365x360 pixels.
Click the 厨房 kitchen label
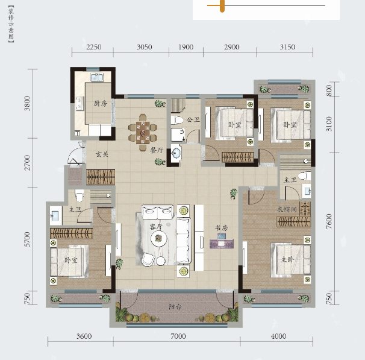tap(101, 104)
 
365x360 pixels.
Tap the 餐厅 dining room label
tap(157, 150)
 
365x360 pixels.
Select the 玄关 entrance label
tap(102, 154)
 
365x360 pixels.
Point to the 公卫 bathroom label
tap(193, 120)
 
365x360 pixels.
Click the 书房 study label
tap(221, 228)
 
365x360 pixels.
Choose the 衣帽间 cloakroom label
tap(287, 209)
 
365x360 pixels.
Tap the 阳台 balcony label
tap(175, 307)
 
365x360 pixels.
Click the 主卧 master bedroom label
tap(287, 259)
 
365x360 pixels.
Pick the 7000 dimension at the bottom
tap(178, 336)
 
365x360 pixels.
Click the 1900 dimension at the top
tap(186, 47)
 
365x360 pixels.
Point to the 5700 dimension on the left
tap(27, 239)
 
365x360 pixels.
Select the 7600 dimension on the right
tap(329, 221)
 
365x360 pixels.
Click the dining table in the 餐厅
tap(143, 133)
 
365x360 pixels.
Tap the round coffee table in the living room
tap(159, 239)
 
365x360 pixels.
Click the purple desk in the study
tap(222, 244)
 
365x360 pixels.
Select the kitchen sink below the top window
tap(97, 77)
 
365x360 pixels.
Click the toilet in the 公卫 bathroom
tap(177, 120)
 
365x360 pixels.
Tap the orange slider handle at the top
tap(222, 5)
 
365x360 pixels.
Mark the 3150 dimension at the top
tap(287, 47)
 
